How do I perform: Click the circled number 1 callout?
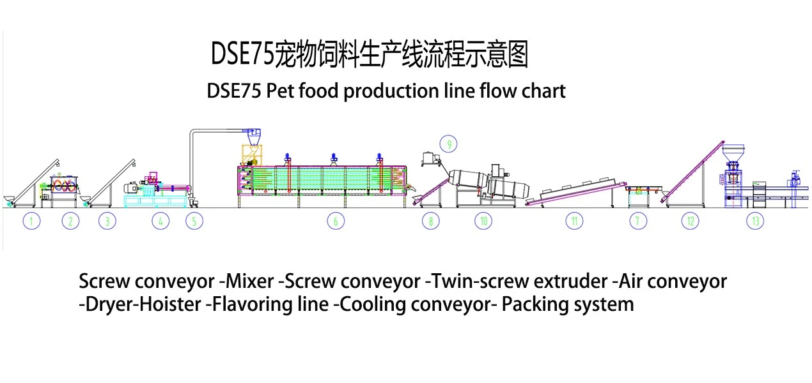[31, 221]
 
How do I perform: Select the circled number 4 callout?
[160, 221]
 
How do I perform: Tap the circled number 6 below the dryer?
[336, 221]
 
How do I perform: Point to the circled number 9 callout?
[448, 144]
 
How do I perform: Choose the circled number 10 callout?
[483, 221]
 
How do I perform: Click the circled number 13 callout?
[755, 221]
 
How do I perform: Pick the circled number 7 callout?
[638, 221]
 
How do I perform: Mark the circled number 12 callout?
[691, 221]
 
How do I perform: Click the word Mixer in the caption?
[250, 282]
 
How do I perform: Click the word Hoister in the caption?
[170, 304]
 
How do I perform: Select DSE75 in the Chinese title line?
[242, 54]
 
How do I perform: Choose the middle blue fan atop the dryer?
[334, 158]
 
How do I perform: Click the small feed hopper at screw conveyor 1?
[9, 199]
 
